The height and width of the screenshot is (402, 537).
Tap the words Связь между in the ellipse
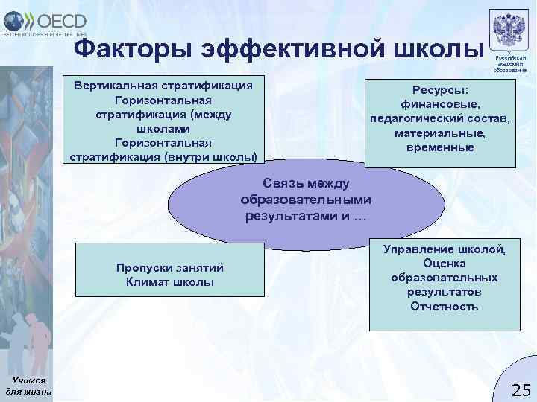(306, 183)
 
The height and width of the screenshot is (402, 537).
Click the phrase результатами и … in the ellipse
(306, 216)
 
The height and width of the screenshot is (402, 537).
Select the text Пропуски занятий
(170, 268)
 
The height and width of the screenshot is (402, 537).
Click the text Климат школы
(170, 282)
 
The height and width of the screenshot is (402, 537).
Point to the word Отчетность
(445, 306)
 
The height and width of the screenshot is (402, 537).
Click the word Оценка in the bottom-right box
(445, 263)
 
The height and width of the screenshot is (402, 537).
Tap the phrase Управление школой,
(445, 249)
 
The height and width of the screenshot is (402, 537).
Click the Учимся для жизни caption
(28, 385)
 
